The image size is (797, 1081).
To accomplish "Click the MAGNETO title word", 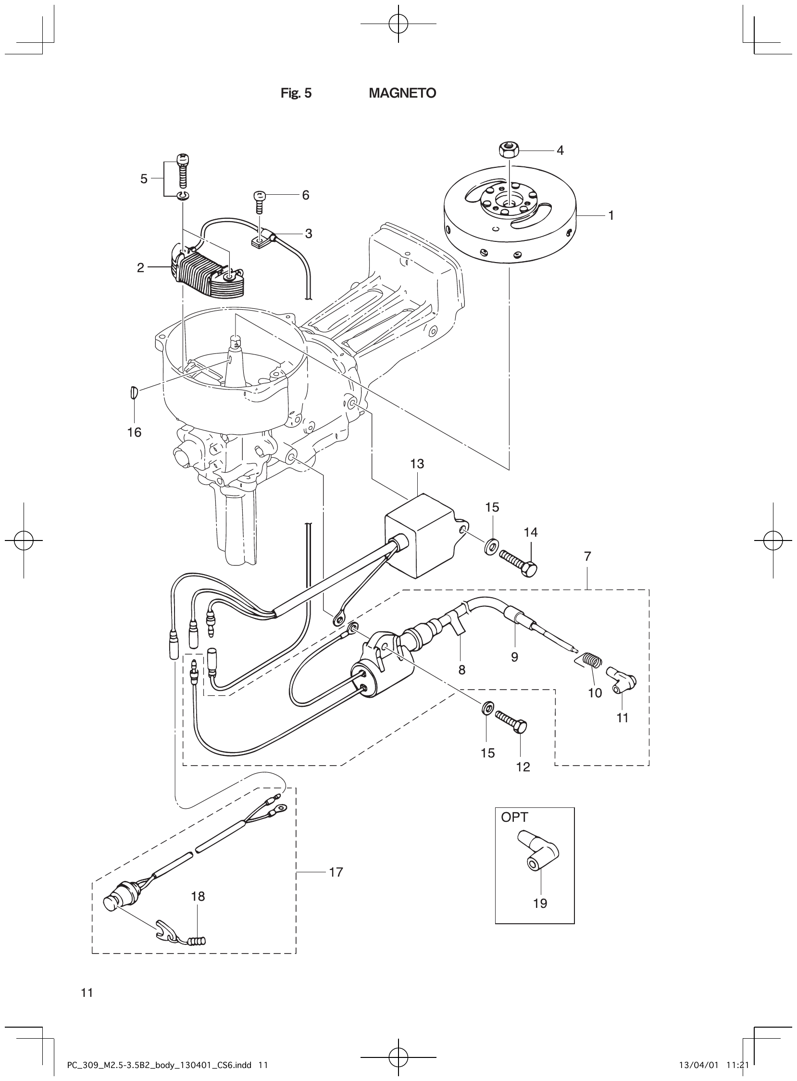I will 402,93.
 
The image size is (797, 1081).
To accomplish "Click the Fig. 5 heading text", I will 296,93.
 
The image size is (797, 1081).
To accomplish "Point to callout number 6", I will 305,195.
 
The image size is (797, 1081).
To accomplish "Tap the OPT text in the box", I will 514,817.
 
